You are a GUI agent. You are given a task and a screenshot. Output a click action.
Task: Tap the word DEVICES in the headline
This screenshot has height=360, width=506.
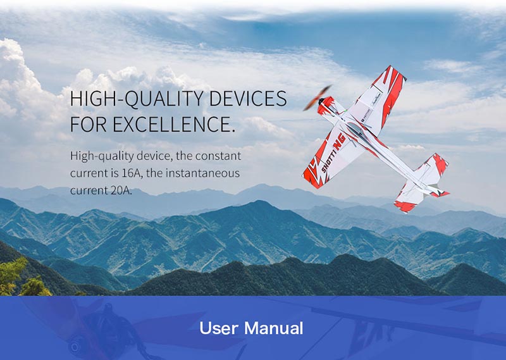(248, 99)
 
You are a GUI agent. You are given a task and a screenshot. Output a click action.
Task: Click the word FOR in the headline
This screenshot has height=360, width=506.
(88, 123)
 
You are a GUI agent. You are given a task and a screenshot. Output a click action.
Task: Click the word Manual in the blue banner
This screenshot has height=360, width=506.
(274, 328)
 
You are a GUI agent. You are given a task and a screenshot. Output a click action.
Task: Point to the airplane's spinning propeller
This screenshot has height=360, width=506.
(318, 98)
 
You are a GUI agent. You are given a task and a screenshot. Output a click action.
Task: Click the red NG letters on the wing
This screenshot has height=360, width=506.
(339, 142)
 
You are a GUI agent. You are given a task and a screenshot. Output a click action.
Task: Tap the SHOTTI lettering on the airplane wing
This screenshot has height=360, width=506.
(326, 161)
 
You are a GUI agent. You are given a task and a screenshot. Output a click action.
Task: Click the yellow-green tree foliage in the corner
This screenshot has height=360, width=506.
(22, 278)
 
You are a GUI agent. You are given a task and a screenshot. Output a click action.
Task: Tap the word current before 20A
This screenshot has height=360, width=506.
(89, 190)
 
